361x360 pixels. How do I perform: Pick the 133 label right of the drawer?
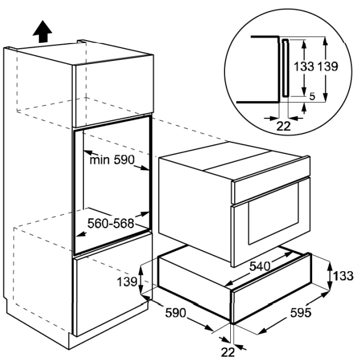342,276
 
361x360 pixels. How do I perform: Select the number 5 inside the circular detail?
312,98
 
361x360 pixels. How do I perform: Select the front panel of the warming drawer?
270,303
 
